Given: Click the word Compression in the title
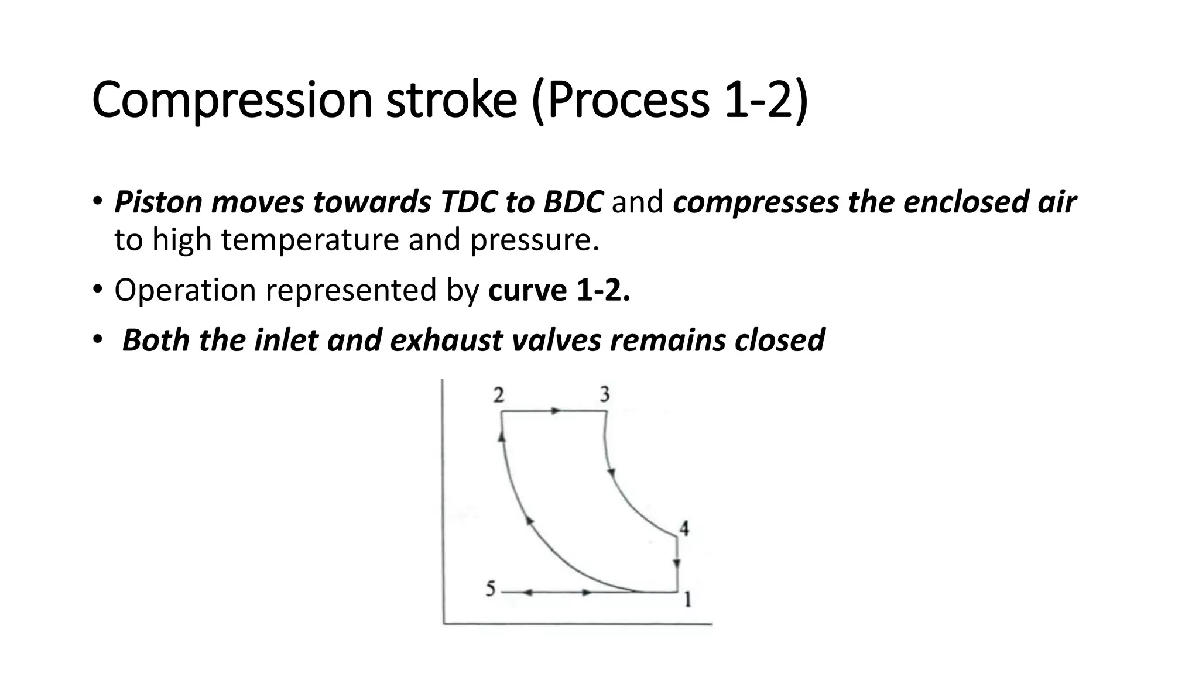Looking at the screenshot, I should (x=232, y=101).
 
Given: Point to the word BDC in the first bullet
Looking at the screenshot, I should (x=573, y=202).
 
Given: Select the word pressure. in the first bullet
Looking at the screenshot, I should (x=535, y=240).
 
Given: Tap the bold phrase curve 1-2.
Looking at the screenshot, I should (x=559, y=290).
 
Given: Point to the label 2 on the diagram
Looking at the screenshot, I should (x=498, y=396).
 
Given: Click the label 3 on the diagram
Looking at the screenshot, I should (x=605, y=395).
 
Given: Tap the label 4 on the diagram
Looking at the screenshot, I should (x=684, y=529).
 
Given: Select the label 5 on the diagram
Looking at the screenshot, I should (x=491, y=589).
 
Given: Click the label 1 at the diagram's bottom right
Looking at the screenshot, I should (x=688, y=600).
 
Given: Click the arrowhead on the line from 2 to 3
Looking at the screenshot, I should (x=556, y=411).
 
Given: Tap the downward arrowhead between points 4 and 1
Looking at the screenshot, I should (x=677, y=563).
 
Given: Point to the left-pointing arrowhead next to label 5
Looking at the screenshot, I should (x=526, y=593).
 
